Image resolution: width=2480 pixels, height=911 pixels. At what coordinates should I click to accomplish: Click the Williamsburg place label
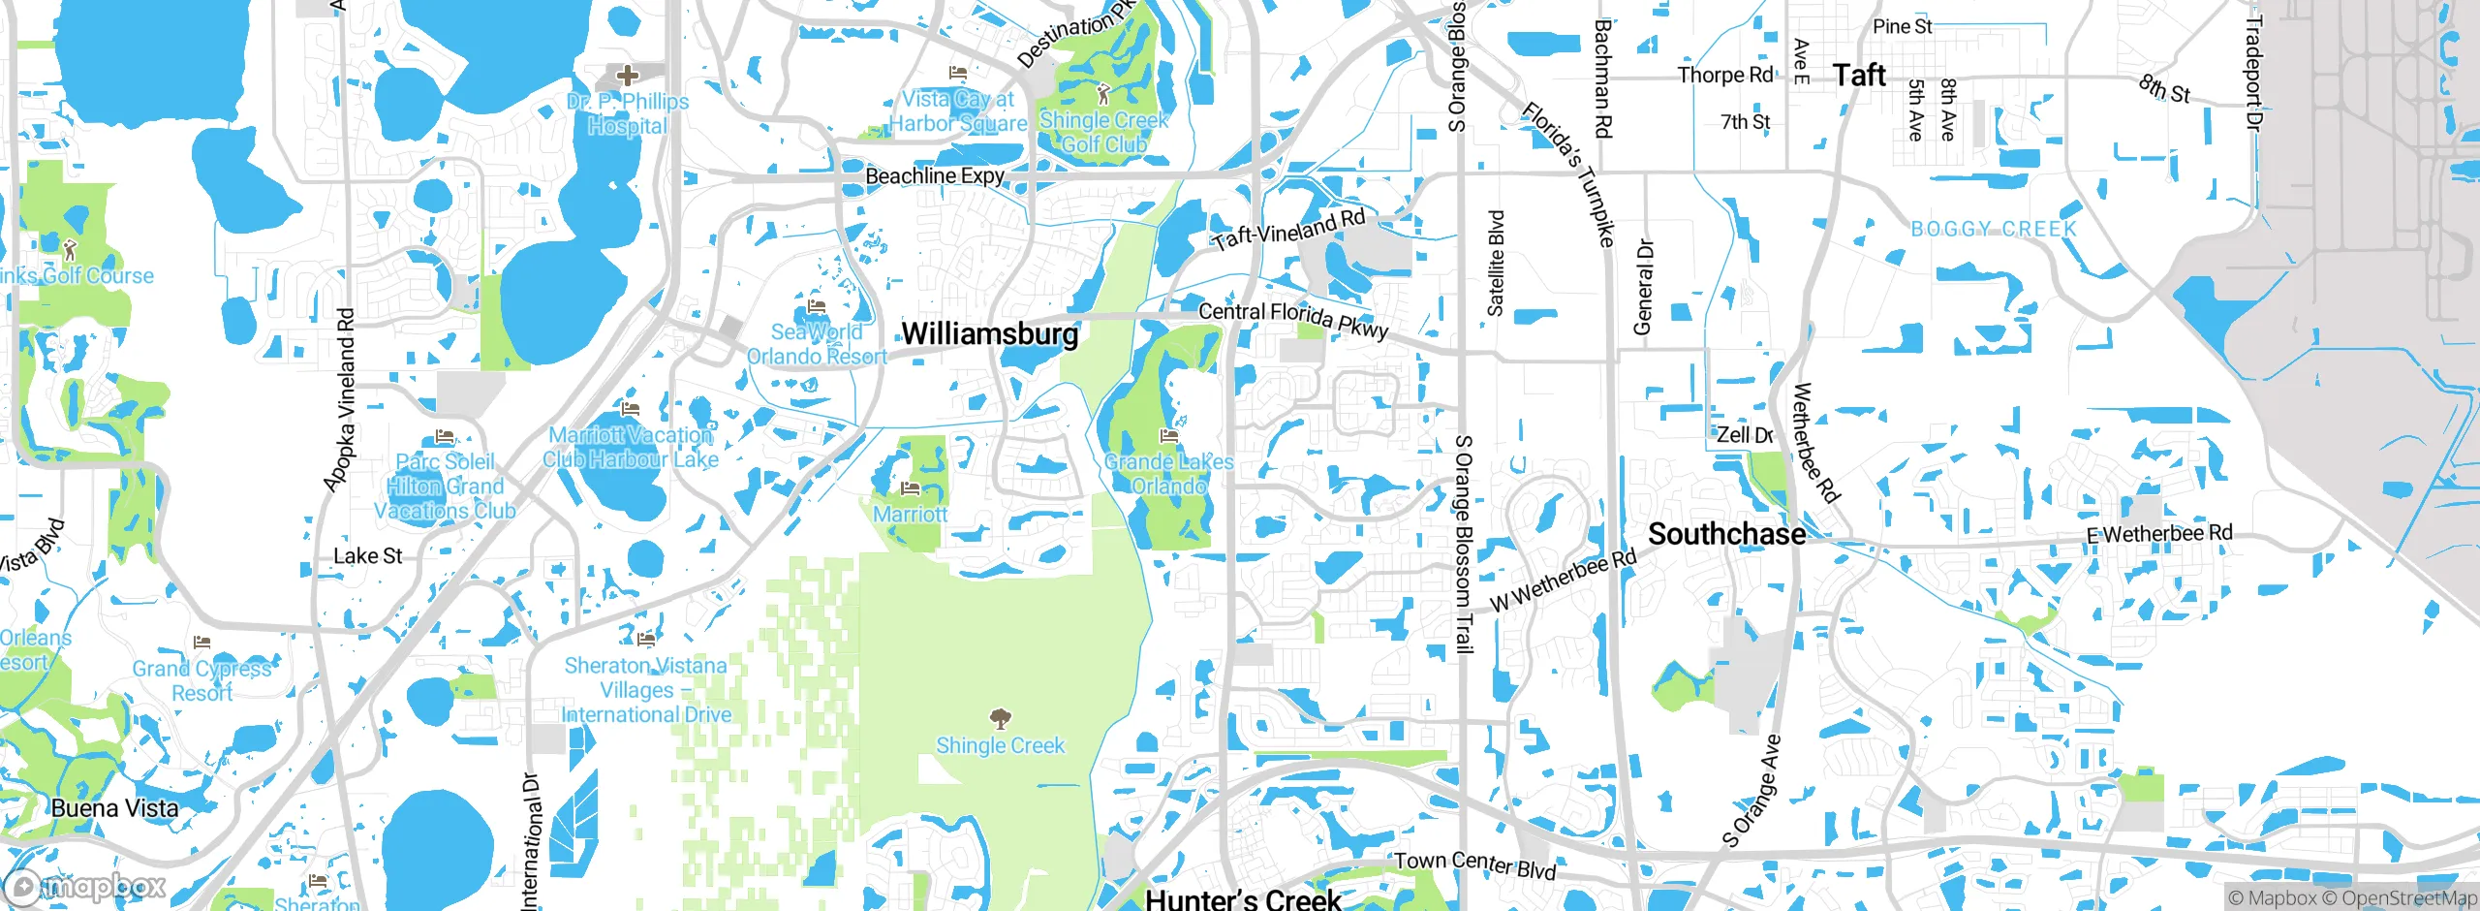[989, 334]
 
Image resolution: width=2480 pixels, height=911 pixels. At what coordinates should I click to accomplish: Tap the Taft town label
[1859, 76]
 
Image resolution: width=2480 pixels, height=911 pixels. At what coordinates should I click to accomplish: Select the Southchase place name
[1726, 534]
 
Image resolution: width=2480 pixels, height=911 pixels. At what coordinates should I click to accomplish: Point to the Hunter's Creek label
[1243, 898]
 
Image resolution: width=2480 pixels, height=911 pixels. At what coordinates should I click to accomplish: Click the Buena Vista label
[114, 808]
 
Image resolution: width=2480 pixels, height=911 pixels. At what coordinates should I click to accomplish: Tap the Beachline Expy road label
[934, 176]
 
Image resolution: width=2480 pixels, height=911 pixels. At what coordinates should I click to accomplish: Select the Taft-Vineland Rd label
[1288, 230]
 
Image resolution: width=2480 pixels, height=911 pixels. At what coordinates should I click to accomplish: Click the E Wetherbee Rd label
[2158, 534]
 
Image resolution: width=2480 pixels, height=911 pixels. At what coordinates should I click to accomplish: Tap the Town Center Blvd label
[1474, 864]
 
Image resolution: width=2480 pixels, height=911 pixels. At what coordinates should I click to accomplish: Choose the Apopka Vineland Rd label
[340, 399]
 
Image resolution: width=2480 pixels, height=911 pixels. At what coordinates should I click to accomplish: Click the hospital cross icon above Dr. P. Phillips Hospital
[627, 75]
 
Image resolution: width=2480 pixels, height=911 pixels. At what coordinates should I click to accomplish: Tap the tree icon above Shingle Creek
[1000, 719]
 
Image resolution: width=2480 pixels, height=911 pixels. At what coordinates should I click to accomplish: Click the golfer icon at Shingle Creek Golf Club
[1102, 94]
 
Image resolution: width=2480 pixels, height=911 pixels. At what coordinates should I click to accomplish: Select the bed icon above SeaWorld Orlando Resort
[816, 306]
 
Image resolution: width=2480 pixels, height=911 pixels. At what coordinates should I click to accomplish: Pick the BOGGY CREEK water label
[1993, 230]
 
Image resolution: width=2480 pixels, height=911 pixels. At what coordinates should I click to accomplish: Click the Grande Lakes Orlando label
[1168, 474]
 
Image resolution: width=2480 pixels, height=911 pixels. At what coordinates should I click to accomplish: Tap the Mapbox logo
[85, 886]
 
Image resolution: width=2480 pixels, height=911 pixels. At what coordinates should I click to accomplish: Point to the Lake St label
[367, 556]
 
